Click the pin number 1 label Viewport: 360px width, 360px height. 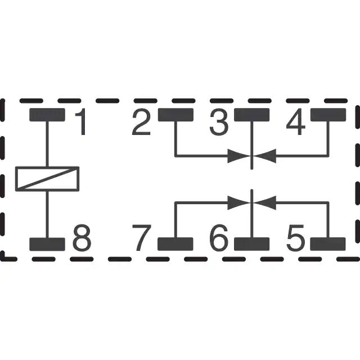tap(82, 123)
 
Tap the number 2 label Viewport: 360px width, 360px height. tap(142, 123)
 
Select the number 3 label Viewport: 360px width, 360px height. tap(219, 123)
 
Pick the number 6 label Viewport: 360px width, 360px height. tap(219, 238)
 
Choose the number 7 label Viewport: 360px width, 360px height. tap(142, 238)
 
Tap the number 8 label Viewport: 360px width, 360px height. tap(82, 238)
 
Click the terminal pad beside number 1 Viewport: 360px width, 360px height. tap(47, 115)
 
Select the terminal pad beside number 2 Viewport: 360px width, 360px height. tap(175, 115)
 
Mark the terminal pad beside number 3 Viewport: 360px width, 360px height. tap(252, 115)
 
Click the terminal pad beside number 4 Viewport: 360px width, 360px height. tap(328, 115)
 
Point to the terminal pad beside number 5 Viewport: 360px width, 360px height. tap(328, 244)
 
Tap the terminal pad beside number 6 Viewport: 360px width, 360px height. tap(252, 244)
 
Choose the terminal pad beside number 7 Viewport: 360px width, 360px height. tap(175, 244)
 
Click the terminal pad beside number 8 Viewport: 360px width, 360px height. tap(47, 244)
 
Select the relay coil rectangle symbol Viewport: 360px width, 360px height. tap(47, 179)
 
